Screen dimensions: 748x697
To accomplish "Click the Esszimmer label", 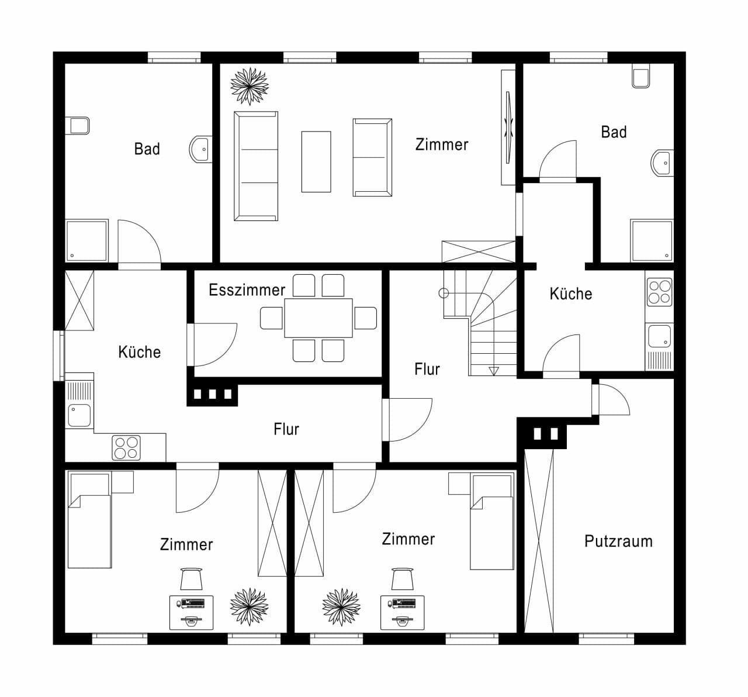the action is pos(247,290).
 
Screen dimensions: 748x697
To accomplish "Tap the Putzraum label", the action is pos(618,541).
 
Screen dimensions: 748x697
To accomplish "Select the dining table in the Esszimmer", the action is pos(318,318).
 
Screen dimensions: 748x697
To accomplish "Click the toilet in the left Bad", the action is pos(77,126).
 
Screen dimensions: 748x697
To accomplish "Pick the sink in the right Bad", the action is pos(662,163).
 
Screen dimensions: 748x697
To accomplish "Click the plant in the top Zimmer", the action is pos(250,86).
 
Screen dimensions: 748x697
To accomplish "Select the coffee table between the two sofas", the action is pos(316,162).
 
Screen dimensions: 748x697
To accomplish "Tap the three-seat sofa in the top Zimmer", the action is pos(256,166).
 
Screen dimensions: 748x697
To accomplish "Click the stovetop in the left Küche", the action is pos(126,448).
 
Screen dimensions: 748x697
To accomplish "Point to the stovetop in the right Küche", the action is pos(660,292).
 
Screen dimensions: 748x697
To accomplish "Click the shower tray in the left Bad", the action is pos(86,240).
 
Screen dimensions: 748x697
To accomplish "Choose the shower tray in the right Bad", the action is pos(652,240).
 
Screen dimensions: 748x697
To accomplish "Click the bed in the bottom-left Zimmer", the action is pos(89,520).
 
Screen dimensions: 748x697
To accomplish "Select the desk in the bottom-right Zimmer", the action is pos(402,613).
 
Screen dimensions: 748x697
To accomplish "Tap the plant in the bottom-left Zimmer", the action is pos(250,607).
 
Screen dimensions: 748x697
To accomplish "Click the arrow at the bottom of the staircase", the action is pos(493,371).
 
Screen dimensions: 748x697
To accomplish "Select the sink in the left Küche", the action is pos(79,415).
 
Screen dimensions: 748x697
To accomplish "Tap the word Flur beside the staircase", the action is pos(427,369).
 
